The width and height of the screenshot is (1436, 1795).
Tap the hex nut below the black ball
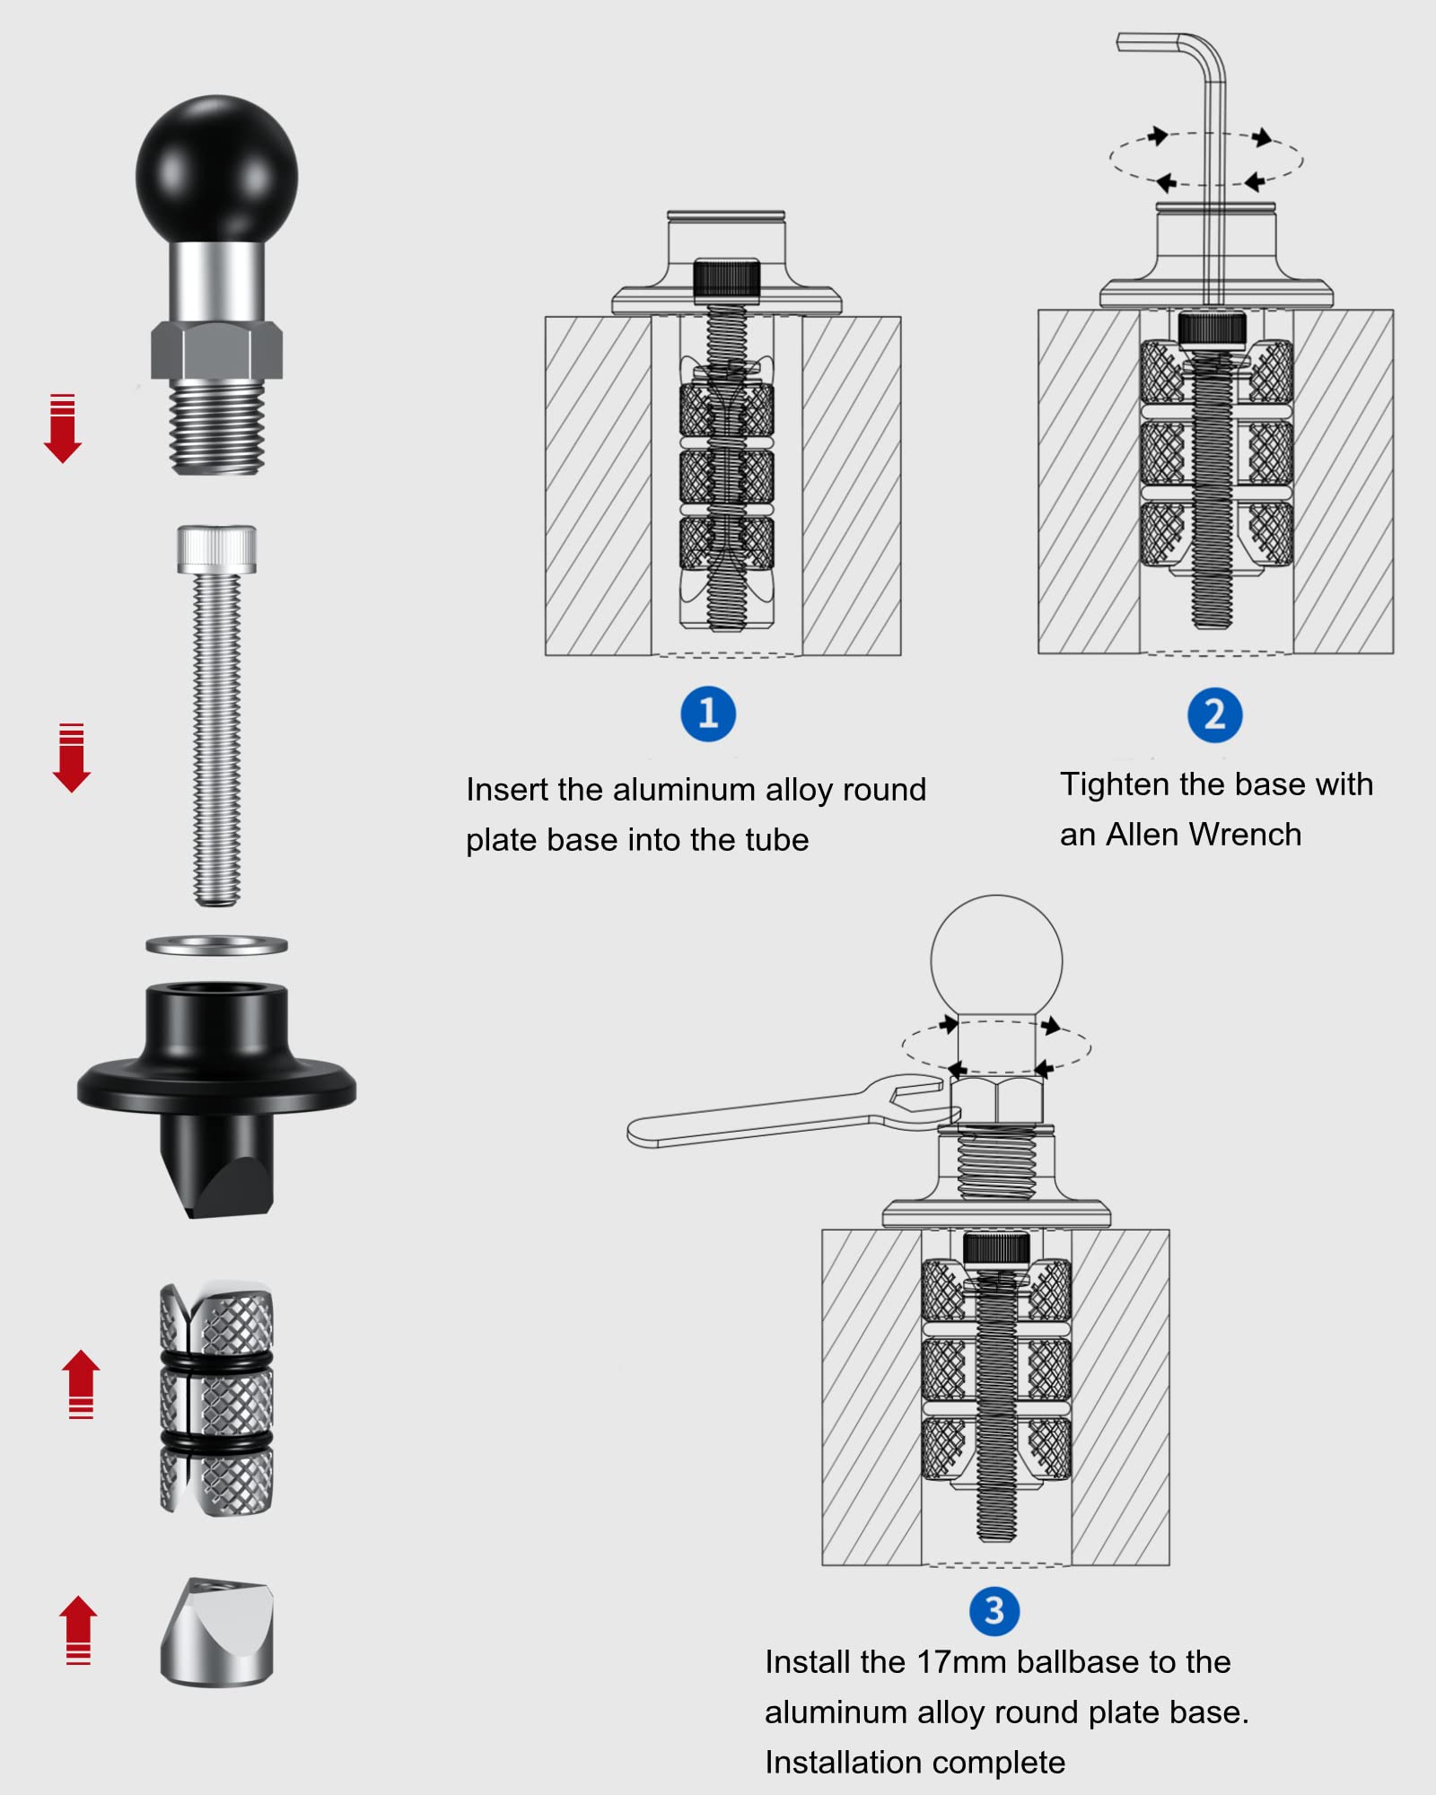tap(216, 350)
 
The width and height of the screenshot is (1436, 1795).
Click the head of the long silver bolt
tap(216, 548)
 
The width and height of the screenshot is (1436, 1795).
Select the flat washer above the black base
tap(216, 944)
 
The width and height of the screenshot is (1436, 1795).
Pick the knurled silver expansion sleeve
tap(216, 1400)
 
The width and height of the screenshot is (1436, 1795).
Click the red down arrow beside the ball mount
tap(62, 429)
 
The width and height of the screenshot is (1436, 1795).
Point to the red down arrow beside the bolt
tap(71, 758)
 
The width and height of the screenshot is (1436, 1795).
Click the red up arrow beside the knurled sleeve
tap(81, 1383)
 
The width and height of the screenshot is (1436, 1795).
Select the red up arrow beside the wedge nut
tap(78, 1629)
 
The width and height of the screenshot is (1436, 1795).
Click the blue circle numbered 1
tap(708, 714)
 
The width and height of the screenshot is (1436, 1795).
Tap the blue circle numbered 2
tap(1214, 715)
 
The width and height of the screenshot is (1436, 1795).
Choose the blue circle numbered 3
tap(994, 1611)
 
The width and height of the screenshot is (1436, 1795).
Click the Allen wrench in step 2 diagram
tap(1212, 135)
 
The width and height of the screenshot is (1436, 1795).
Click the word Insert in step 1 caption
tap(506, 790)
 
